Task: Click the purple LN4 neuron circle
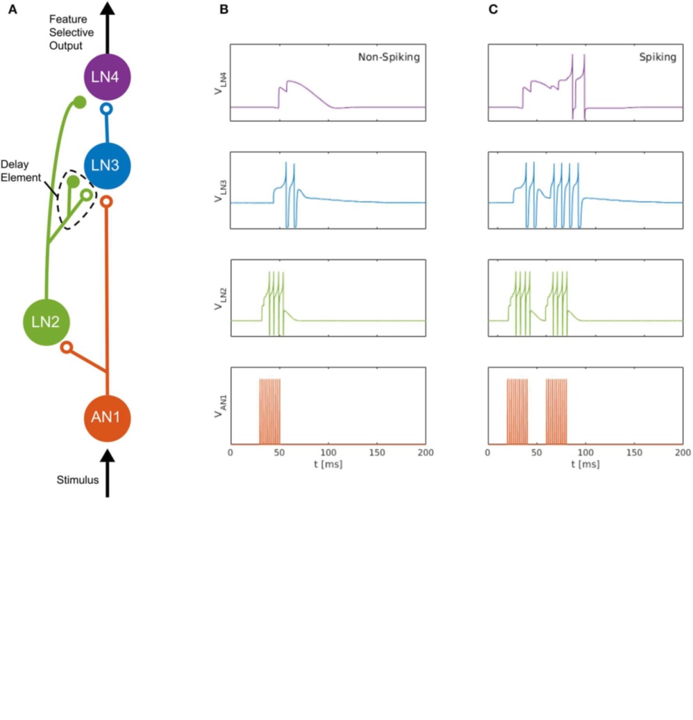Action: click(107, 77)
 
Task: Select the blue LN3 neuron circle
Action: click(107, 165)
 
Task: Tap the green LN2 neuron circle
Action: click(47, 322)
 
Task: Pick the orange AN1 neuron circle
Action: click(107, 418)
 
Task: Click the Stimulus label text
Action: click(78, 480)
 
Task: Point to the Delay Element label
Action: click(21, 171)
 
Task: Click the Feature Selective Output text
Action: click(72, 32)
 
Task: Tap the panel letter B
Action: click(224, 9)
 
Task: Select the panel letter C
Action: click(493, 9)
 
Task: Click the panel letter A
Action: click(13, 9)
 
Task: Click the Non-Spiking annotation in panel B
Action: click(389, 57)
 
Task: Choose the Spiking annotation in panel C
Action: click(658, 57)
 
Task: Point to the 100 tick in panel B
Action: click(328, 452)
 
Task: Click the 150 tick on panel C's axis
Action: click(634, 452)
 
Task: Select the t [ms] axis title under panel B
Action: click(328, 464)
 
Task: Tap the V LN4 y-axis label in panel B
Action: click(219, 83)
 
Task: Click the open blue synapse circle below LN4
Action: click(106, 109)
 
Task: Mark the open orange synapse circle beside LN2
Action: click(67, 347)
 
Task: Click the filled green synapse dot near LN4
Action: click(80, 102)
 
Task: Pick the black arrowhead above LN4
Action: click(108, 8)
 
